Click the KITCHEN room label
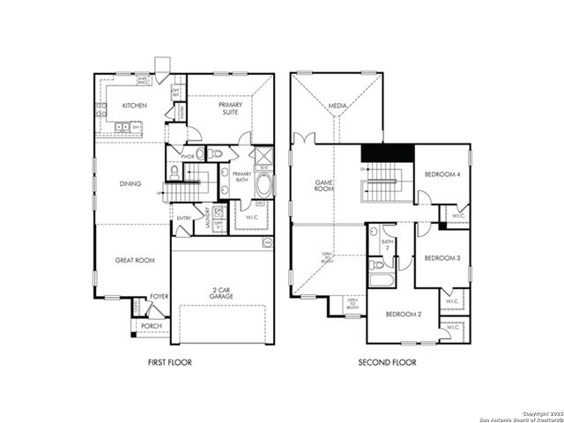point(134,107)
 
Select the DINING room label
point(130,184)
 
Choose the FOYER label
point(160,297)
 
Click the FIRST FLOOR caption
point(169,362)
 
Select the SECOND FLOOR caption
point(387,362)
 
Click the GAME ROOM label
point(323,186)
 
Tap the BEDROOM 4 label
point(442,174)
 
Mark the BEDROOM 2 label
point(402,314)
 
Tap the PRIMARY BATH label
point(241,177)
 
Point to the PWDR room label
point(188,156)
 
